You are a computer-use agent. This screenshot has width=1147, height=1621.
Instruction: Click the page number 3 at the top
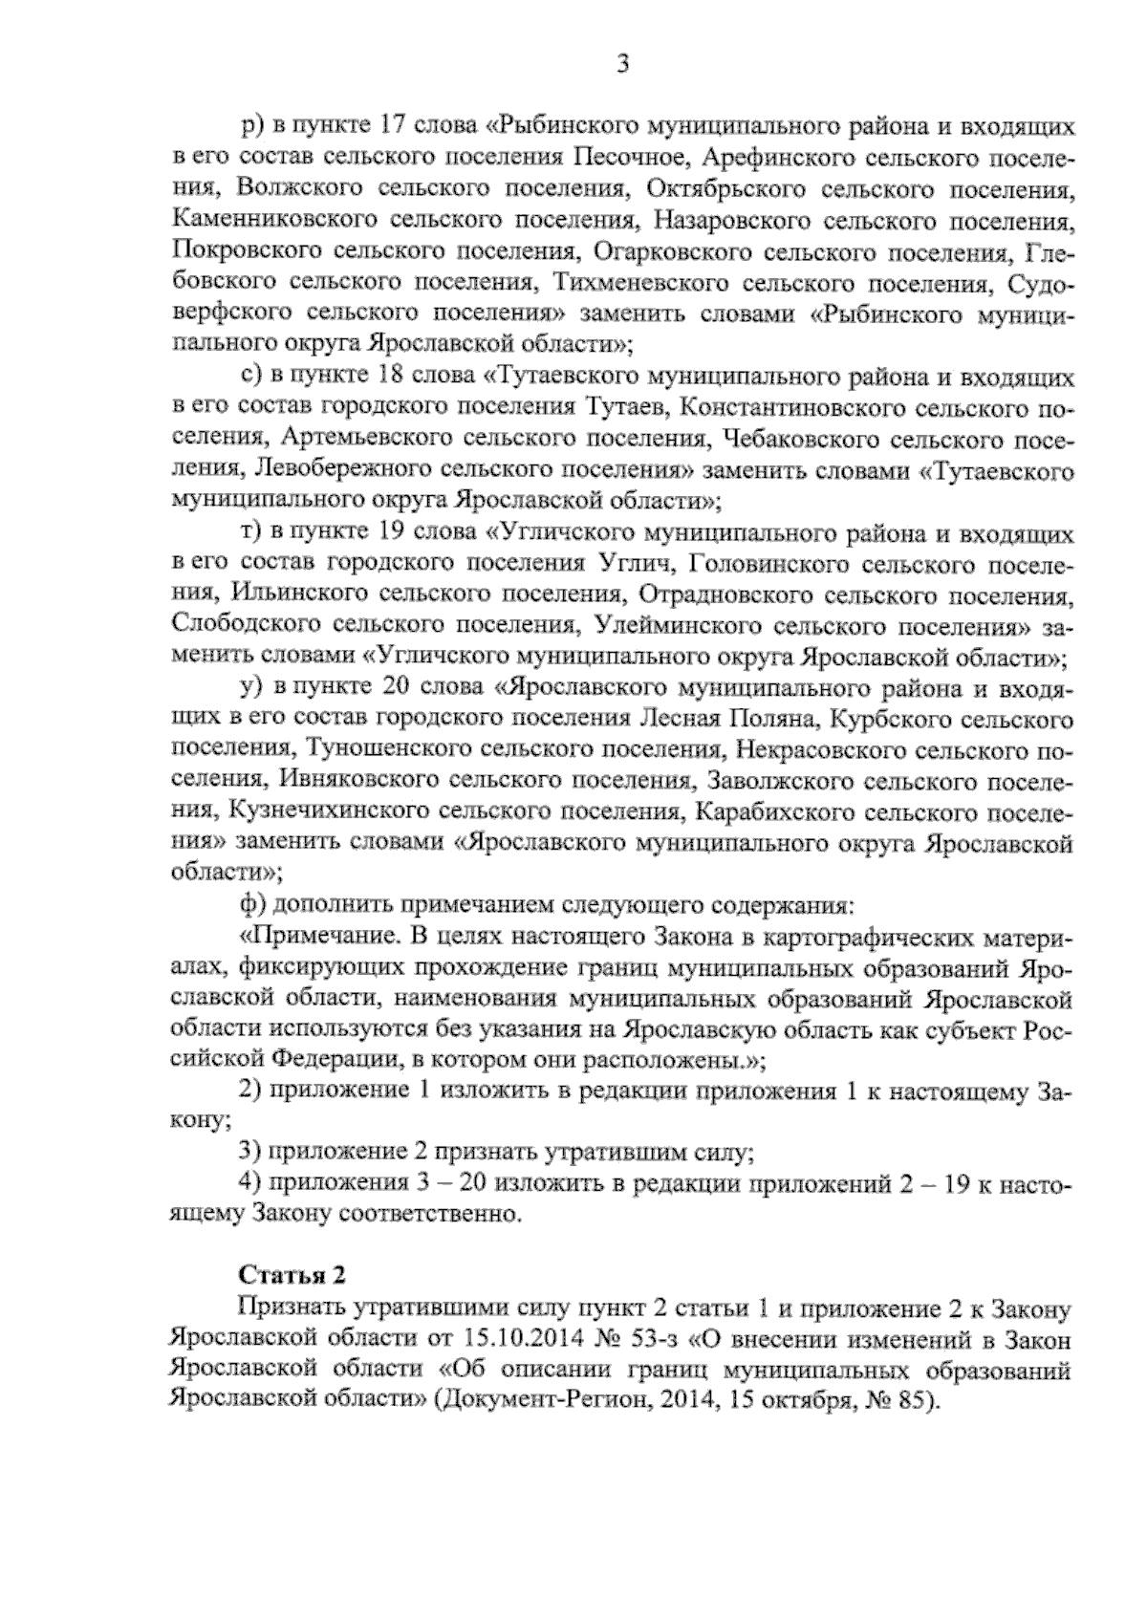[x=622, y=65]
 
